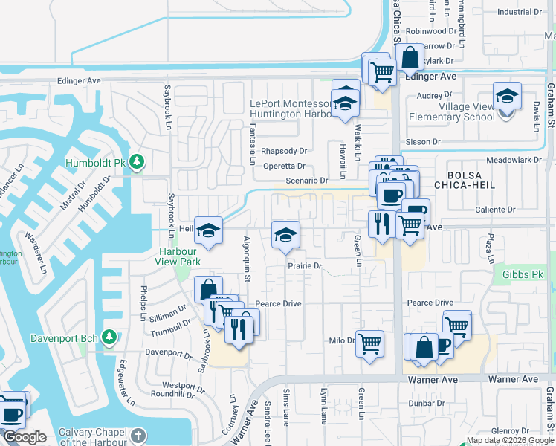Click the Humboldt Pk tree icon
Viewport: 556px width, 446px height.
tap(136, 161)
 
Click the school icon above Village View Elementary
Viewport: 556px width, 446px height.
tap(507, 97)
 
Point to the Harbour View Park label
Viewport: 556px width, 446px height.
tap(178, 256)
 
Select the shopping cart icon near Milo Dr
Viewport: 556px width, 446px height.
tap(369, 343)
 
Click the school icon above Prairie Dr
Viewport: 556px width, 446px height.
tap(285, 235)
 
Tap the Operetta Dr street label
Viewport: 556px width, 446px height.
tap(284, 166)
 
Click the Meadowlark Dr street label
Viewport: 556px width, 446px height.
tap(511, 160)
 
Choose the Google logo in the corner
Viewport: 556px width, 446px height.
tap(25, 438)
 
